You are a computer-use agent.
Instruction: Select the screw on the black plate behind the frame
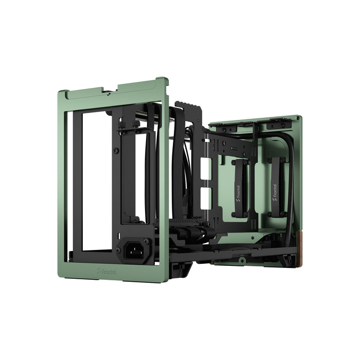click(x=116, y=151)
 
